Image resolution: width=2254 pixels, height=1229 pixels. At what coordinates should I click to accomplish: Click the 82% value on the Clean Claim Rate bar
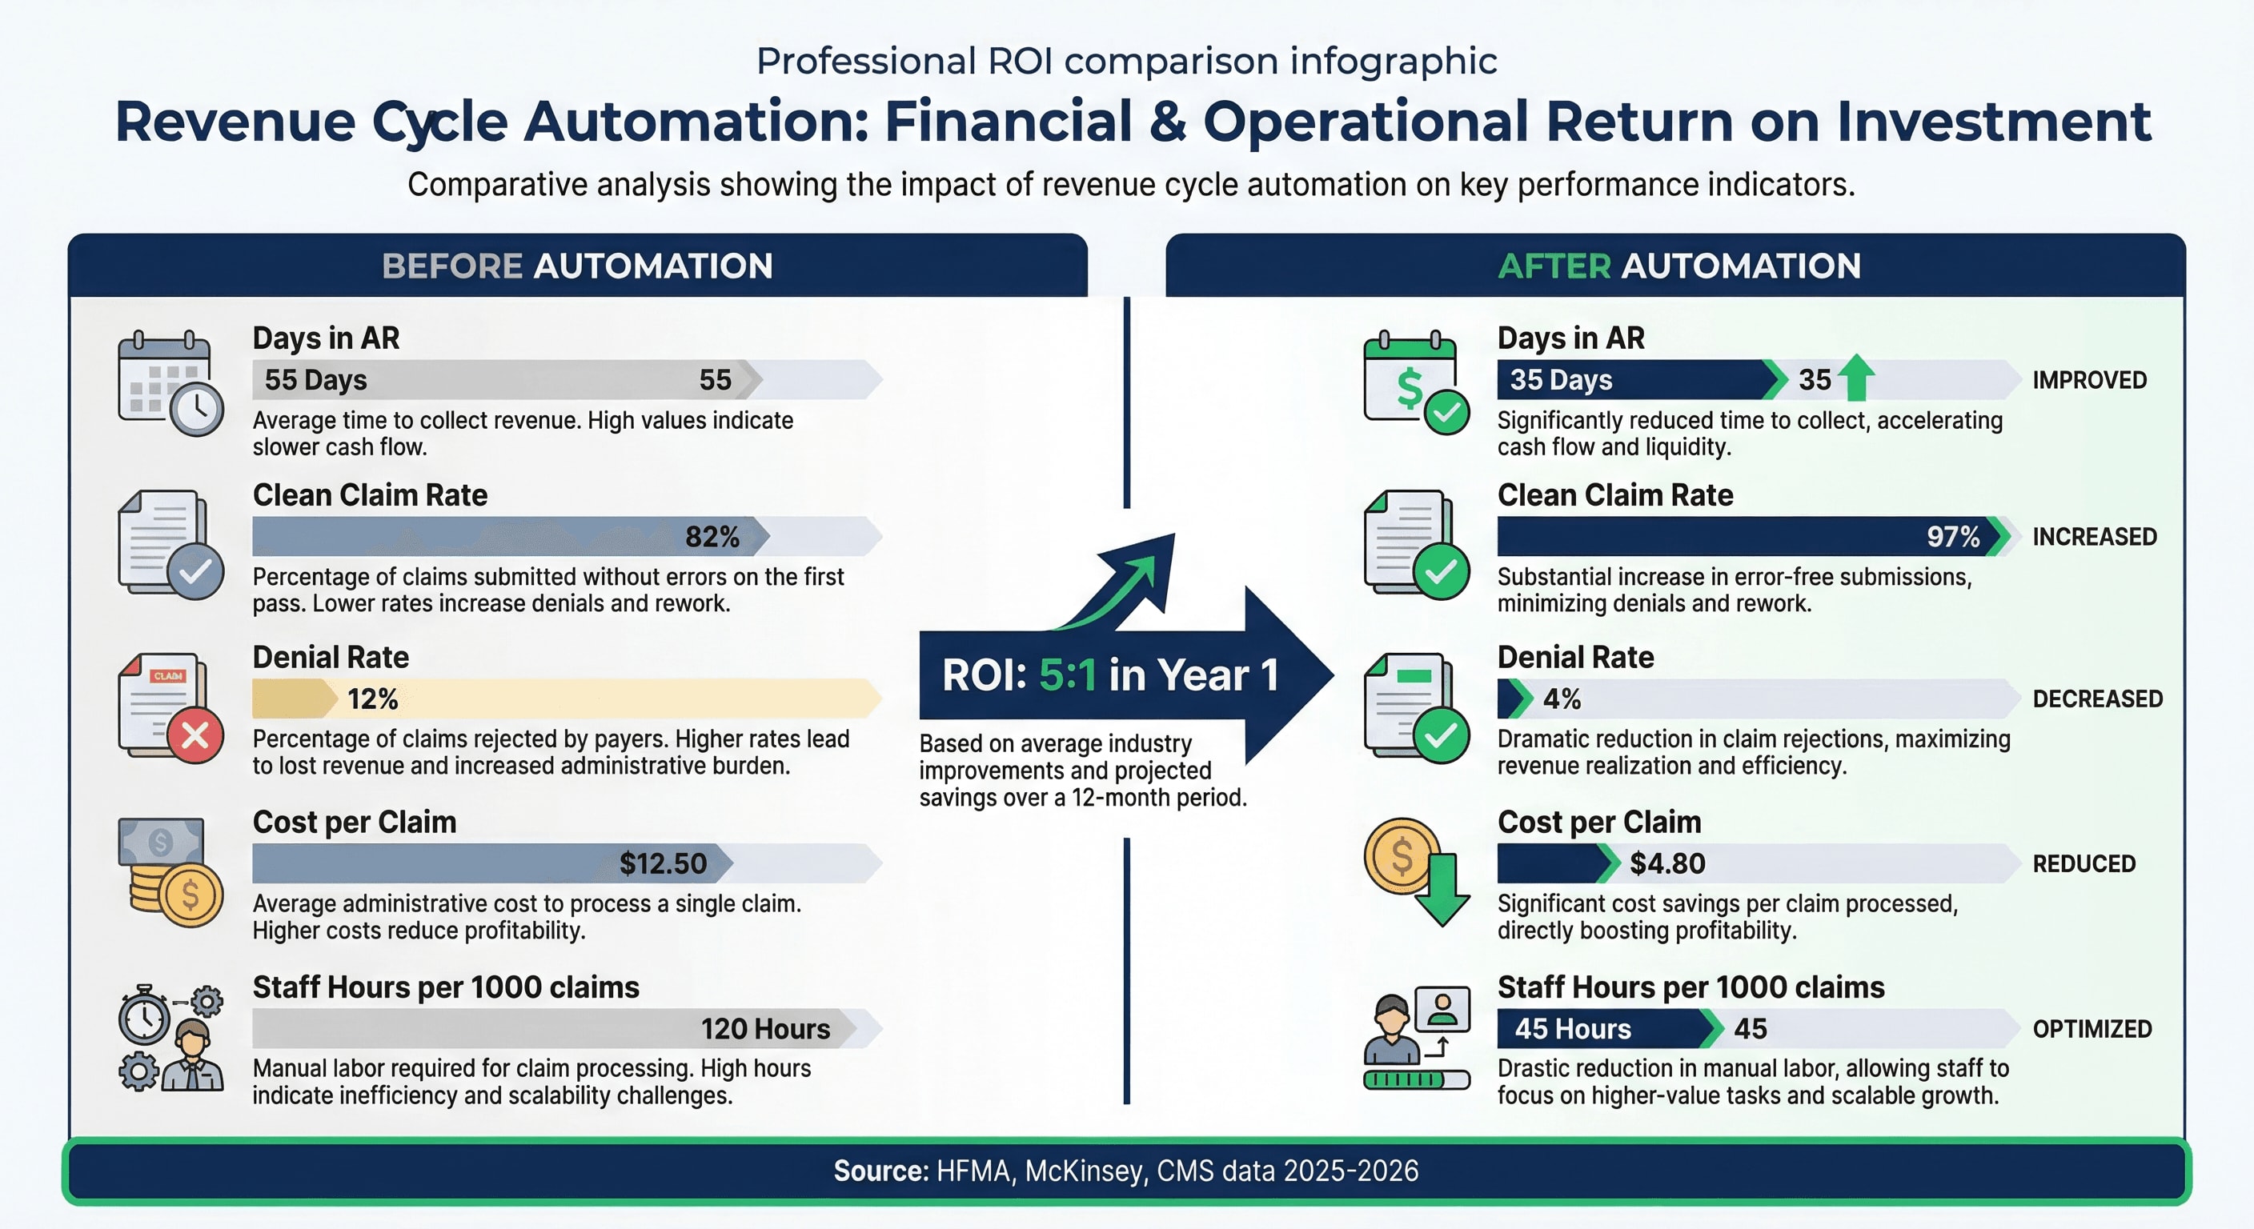pyautogui.click(x=712, y=536)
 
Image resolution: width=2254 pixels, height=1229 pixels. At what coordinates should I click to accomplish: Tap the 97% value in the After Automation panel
pyautogui.click(x=1952, y=536)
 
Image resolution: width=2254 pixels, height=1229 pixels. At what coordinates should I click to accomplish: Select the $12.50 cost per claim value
pyautogui.click(x=663, y=863)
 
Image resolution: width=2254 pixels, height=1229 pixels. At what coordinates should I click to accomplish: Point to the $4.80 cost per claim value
pyautogui.click(x=1666, y=863)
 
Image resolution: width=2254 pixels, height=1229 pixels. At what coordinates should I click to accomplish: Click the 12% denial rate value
pyautogui.click(x=373, y=699)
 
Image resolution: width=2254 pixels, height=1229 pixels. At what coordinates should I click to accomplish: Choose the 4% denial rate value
pyautogui.click(x=1562, y=699)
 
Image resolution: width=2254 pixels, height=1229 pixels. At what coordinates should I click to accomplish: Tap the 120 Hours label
pyautogui.click(x=764, y=1029)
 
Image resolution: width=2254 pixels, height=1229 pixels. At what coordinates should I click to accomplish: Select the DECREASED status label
pyautogui.click(x=2097, y=699)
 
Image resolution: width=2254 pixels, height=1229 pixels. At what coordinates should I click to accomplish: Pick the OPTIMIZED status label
pyautogui.click(x=2092, y=1029)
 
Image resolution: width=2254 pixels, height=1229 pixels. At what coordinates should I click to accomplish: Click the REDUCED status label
pyautogui.click(x=2084, y=863)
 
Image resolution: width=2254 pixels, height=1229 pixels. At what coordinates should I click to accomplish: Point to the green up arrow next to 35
pyautogui.click(x=1856, y=378)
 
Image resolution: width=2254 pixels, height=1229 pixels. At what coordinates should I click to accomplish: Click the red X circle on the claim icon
pyautogui.click(x=195, y=735)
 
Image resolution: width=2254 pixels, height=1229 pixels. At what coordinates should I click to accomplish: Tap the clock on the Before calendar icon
pyautogui.click(x=197, y=407)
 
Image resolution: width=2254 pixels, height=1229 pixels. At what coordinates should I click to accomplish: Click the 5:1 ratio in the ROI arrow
pyautogui.click(x=1067, y=675)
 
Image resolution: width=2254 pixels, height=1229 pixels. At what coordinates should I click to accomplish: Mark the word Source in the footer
pyautogui.click(x=880, y=1171)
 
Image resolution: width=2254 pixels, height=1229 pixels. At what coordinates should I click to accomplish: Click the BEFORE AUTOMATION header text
pyautogui.click(x=577, y=266)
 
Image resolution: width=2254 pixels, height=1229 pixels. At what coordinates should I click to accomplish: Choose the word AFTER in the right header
pyautogui.click(x=1554, y=266)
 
